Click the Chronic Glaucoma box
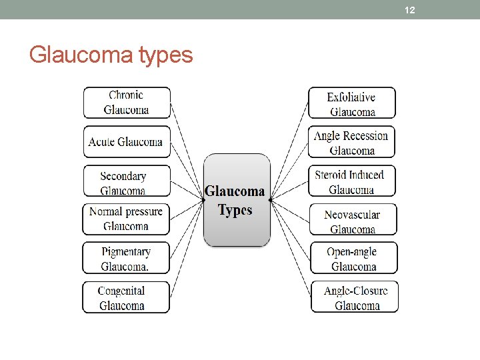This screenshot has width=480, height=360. [x=127, y=103]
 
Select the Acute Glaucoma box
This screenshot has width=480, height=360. [x=126, y=141]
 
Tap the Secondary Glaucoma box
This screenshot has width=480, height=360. [x=126, y=181]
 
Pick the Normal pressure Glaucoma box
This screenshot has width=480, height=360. [x=126, y=219]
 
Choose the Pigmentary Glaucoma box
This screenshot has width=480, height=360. [x=125, y=258]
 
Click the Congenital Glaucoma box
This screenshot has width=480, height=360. [x=125, y=297]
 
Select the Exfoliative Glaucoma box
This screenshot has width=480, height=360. [x=352, y=103]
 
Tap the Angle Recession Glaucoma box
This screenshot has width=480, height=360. [x=352, y=142]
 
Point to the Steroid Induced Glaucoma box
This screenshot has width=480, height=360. [x=352, y=181]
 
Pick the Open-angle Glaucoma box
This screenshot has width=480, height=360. [x=353, y=258]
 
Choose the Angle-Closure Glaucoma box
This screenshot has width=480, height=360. [x=355, y=297]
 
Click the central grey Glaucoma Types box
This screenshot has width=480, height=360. [x=237, y=200]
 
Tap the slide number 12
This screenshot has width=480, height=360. [x=410, y=10]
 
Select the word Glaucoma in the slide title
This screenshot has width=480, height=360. [x=82, y=55]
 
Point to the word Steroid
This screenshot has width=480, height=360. [x=330, y=175]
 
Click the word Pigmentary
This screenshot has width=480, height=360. [x=126, y=252]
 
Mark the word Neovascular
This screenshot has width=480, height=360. [x=352, y=215]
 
